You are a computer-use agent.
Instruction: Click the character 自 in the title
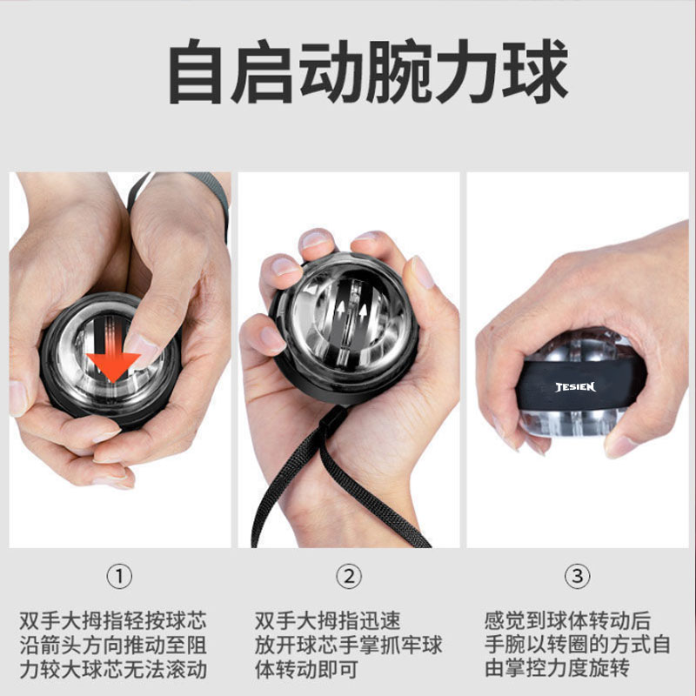coord(195,71)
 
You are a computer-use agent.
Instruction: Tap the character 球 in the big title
coord(535,71)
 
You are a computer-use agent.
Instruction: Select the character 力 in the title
coord(468,71)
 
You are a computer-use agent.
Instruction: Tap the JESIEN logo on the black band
coord(575,387)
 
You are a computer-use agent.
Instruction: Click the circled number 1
coord(119,576)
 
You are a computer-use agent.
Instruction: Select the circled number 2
coord(349,576)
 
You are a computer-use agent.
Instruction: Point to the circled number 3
coord(577,576)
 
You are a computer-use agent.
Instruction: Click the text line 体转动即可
coord(306,669)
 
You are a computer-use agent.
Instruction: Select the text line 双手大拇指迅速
coord(328,620)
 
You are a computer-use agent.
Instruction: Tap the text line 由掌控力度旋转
coord(557,667)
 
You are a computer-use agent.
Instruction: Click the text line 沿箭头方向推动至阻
coord(113,646)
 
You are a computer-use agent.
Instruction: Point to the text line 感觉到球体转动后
coord(568,620)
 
